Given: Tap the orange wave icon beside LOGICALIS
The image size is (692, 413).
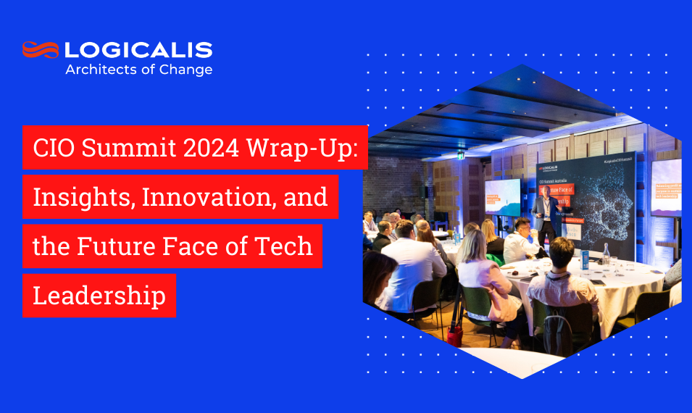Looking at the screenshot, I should pos(41,49).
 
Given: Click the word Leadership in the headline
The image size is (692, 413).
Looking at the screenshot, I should pos(99,295).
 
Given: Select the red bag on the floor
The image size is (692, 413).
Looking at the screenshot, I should pos(455,334).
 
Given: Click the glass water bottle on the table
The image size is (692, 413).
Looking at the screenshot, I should pos(606,255).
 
